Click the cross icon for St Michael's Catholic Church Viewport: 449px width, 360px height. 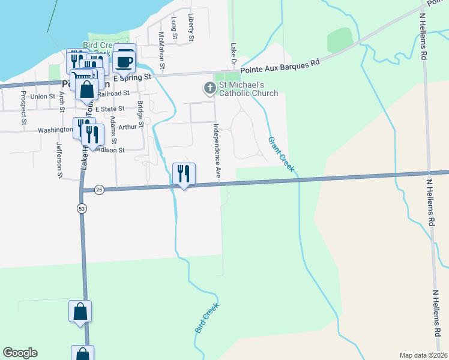[x=209, y=89]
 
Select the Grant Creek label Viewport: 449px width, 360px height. [x=281, y=154]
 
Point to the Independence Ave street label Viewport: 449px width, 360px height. [x=217, y=151]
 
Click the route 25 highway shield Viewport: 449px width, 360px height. [x=99, y=190]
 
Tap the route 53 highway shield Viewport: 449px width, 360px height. [x=81, y=208]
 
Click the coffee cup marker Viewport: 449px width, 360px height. [x=124, y=61]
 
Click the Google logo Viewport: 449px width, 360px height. [x=20, y=353]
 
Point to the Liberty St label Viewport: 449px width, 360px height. [x=191, y=27]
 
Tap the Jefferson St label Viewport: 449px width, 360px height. [x=59, y=160]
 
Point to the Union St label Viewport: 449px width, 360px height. [x=43, y=96]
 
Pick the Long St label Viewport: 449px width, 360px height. [x=175, y=28]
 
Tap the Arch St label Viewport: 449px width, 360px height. [x=61, y=102]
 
